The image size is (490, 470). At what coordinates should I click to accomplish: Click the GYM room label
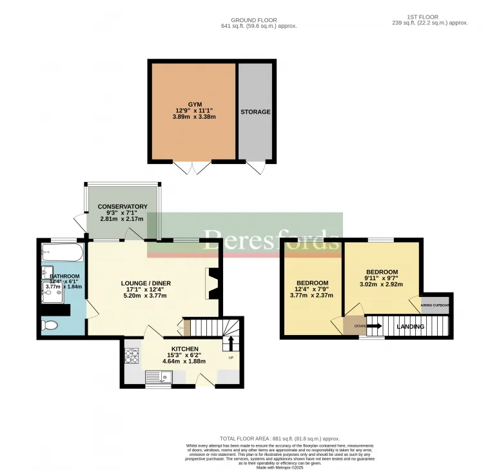coord(195,104)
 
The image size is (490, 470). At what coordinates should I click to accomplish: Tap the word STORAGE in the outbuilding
coord(255,112)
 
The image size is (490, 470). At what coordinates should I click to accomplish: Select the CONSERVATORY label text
coord(122,207)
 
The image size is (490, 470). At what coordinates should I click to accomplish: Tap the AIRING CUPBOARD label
coord(436,304)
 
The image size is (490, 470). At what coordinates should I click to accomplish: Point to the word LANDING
coord(410,327)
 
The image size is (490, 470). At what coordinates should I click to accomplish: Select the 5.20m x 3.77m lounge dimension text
coord(145,296)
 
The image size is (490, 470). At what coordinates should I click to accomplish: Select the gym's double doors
coord(192,168)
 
